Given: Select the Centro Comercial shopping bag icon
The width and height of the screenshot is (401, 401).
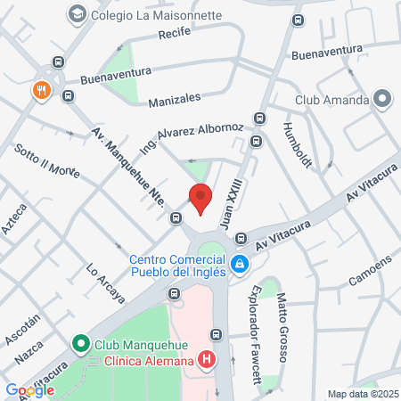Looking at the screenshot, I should [240, 265].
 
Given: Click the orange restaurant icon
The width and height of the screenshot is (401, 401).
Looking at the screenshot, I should [41, 90].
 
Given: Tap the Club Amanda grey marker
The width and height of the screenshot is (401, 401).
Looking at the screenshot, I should [383, 99].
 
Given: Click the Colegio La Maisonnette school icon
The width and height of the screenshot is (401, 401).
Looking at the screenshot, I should [78, 13].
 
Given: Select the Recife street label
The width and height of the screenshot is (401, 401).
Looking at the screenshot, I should [174, 33].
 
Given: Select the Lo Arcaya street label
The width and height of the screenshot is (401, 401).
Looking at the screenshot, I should [105, 282].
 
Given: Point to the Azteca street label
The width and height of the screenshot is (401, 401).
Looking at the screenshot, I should [15, 219].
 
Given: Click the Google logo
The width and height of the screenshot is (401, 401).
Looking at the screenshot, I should [29, 389].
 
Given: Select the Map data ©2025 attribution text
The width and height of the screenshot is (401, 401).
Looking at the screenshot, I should [362, 394].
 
